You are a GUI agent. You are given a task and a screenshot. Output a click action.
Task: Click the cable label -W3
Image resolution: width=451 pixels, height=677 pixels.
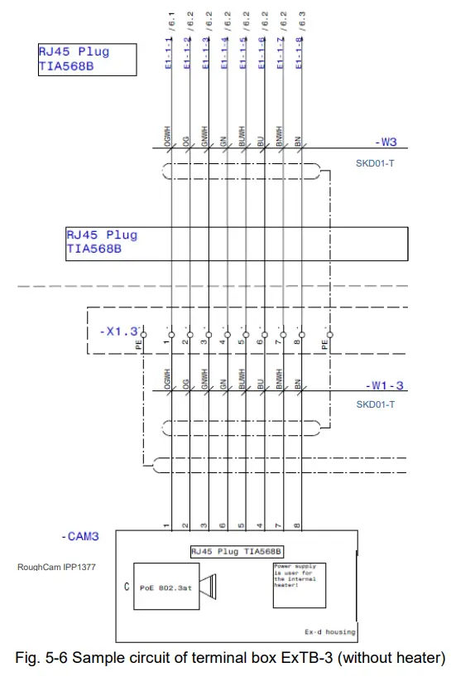pos(386,142)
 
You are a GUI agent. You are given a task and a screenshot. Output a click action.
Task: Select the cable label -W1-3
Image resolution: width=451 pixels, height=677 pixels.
pos(385,386)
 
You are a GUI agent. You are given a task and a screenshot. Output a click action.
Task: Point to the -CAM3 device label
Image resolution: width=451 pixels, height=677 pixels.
pos(80,537)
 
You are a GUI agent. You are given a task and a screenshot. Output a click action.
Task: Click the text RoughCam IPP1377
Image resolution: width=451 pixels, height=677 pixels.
pos(55,568)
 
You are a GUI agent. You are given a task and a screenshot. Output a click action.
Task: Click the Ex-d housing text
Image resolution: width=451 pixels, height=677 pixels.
pos(329,631)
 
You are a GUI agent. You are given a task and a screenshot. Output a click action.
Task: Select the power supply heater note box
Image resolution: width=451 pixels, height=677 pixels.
pos(300,586)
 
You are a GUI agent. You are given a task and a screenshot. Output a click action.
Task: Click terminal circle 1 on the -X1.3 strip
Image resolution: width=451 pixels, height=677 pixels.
pos(170,335)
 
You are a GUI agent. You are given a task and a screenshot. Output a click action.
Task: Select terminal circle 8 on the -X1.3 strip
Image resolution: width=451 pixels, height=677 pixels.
pos(300,335)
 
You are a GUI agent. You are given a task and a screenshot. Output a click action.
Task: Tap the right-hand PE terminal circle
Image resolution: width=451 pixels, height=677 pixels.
pos(329,335)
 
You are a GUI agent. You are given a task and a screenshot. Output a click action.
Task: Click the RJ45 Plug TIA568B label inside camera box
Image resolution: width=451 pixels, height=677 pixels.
pos(237,551)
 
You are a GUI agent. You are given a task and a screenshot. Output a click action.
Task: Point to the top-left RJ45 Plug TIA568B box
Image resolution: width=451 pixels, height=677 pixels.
pos(86,59)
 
